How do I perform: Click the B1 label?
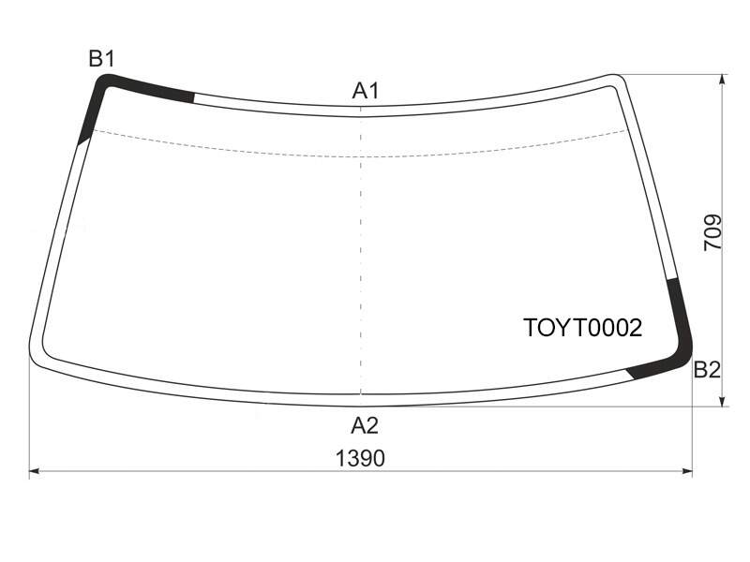click(x=102, y=59)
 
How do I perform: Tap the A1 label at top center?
click(x=366, y=90)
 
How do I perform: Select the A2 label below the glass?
click(x=365, y=425)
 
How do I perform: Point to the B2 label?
click(x=707, y=370)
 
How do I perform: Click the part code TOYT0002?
click(x=583, y=329)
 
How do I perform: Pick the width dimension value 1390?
click(x=360, y=458)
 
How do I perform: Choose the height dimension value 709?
click(x=712, y=231)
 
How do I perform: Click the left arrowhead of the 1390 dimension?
click(x=35, y=472)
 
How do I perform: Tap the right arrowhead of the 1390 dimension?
click(x=687, y=472)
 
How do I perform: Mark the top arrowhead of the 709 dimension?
click(x=723, y=81)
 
